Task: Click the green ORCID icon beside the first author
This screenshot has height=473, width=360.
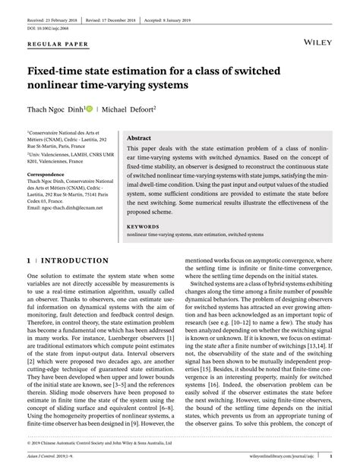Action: (89, 109)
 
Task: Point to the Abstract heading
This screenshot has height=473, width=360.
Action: (140, 137)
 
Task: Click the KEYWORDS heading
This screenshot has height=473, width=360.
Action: (143, 227)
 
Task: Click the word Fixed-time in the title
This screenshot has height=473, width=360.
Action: (57, 71)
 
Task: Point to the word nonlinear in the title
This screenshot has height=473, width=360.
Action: (58, 86)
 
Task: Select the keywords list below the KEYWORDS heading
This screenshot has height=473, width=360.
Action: (195, 235)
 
